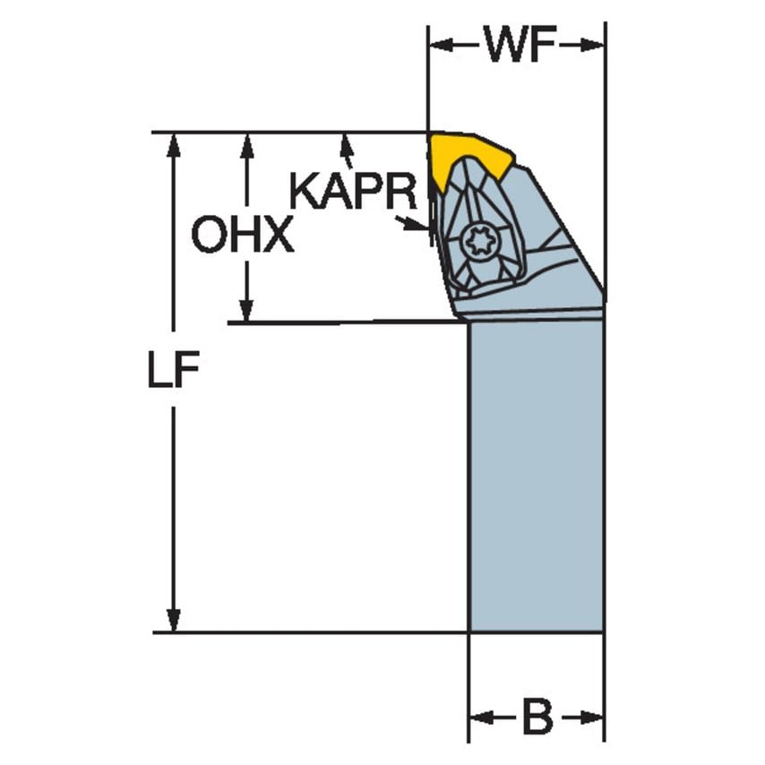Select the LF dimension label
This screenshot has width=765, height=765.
point(173,374)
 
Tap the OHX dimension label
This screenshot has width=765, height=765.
point(242,236)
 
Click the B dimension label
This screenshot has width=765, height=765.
point(537,717)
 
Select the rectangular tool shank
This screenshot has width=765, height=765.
point(536,475)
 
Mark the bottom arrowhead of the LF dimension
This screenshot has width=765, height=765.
point(174,620)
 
